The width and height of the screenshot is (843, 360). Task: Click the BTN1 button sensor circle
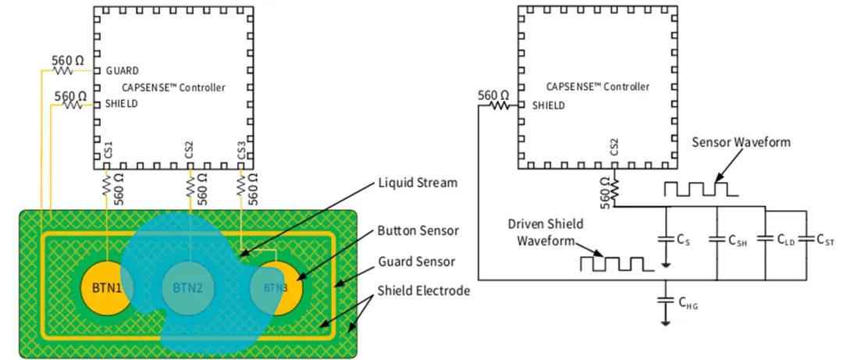tap(106, 286)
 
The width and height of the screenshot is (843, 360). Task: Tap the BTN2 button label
tap(187, 287)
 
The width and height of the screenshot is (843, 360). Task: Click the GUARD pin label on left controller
tap(123, 71)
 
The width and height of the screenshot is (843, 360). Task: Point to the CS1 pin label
tap(108, 151)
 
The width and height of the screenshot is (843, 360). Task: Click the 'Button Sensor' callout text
tap(418, 231)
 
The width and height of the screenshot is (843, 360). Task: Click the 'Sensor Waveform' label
tap(741, 142)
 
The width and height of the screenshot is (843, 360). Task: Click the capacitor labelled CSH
tap(717, 239)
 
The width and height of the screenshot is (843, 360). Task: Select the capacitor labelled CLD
tap(766, 239)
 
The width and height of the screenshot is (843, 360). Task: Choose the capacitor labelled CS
tap(665, 239)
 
